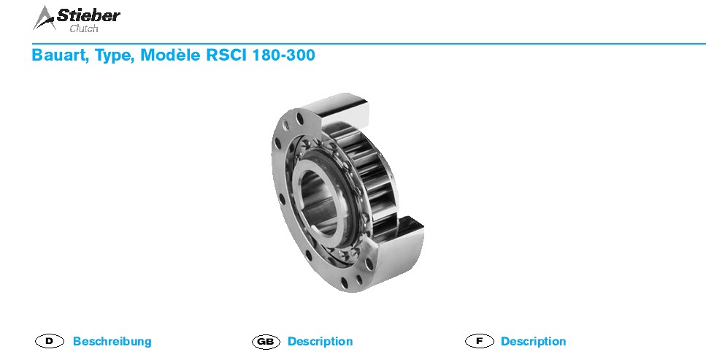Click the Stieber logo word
click(88, 16)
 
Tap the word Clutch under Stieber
click(84, 28)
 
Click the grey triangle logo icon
click(44, 18)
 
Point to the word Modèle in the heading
click(170, 55)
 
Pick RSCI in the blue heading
click(226, 55)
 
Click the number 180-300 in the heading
click(284, 55)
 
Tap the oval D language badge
click(50, 341)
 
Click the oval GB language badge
click(266, 342)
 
